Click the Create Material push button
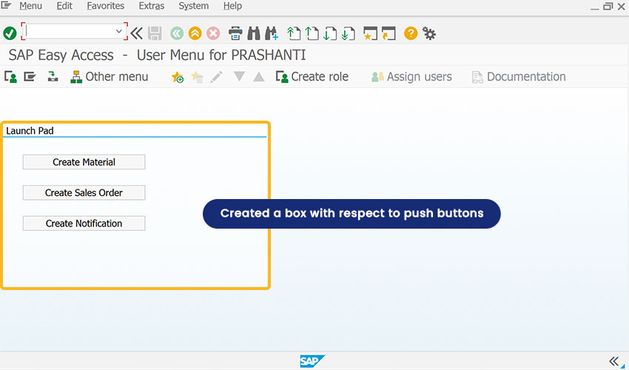[x=84, y=162]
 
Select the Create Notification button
[x=84, y=223]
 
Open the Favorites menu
[x=106, y=6]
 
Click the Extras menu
[x=151, y=6]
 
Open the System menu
[x=193, y=6]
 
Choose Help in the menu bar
[x=232, y=6]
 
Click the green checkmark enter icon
[x=10, y=33]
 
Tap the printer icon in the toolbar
[x=235, y=33]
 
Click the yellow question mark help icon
[x=411, y=33]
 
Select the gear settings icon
[x=429, y=34]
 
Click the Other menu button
[x=109, y=77]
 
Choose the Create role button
[x=312, y=77]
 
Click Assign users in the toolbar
[x=411, y=77]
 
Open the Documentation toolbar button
[x=519, y=77]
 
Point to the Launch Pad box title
[x=30, y=131]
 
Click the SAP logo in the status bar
[x=312, y=361]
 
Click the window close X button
[x=622, y=7]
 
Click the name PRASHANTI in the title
[x=269, y=55]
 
